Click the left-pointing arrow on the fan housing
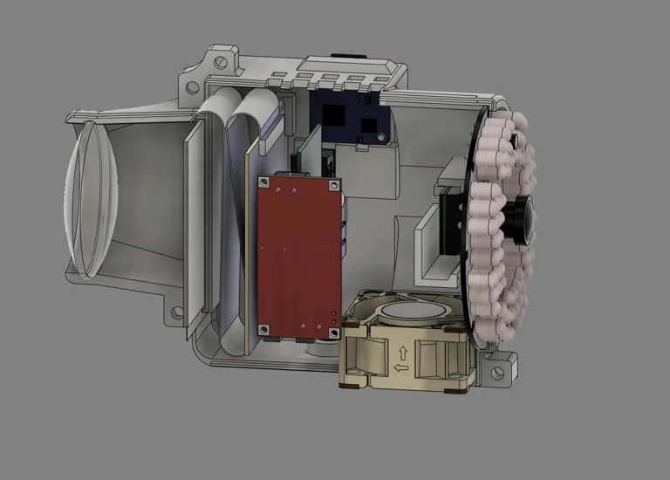(x=402, y=368)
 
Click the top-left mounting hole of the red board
(x=262, y=182)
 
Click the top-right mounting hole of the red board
(x=332, y=183)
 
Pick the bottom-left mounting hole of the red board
(x=261, y=328)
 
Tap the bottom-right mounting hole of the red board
(x=332, y=329)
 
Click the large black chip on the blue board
(x=332, y=113)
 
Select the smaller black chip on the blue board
(x=367, y=123)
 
